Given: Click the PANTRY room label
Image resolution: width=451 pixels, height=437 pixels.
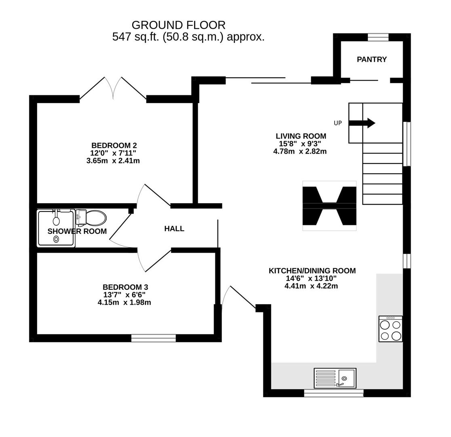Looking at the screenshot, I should pyautogui.click(x=371, y=59).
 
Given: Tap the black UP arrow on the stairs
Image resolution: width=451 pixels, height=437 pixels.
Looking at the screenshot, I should pyautogui.click(x=362, y=123).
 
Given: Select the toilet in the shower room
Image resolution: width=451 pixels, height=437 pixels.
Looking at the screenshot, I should pyautogui.click(x=93, y=218).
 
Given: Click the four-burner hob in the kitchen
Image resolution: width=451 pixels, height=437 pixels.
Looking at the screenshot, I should pyautogui.click(x=390, y=329).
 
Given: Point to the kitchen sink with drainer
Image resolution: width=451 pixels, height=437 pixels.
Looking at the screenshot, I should pyautogui.click(x=335, y=378).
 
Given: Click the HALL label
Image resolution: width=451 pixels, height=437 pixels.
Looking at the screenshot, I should pyautogui.click(x=174, y=229).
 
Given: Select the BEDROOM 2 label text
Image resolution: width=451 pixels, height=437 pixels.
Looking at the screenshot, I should pyautogui.click(x=114, y=145).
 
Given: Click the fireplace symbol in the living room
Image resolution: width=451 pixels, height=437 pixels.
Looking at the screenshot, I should pyautogui.click(x=329, y=206).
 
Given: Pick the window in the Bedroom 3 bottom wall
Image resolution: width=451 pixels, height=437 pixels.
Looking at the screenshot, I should pyautogui.click(x=154, y=338).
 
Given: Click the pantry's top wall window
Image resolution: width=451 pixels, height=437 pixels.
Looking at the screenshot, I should pyautogui.click(x=378, y=37).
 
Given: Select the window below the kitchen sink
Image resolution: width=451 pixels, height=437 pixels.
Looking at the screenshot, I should pyautogui.click(x=333, y=393).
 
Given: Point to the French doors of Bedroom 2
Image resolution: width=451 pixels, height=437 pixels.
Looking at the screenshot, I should pyautogui.click(x=113, y=88).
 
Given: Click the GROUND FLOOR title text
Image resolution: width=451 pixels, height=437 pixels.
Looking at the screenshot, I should pyautogui.click(x=178, y=25).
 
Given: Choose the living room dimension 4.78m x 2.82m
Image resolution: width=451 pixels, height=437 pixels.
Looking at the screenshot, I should pyautogui.click(x=300, y=152).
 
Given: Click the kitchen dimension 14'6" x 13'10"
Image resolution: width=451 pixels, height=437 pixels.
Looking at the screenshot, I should pyautogui.click(x=311, y=278).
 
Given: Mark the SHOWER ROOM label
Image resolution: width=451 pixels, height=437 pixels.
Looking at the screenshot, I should pyautogui.click(x=77, y=231).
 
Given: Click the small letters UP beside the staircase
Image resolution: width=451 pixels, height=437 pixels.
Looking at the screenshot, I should pyautogui.click(x=337, y=123).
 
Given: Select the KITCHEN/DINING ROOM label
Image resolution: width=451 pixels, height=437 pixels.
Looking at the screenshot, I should pyautogui.click(x=312, y=271).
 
